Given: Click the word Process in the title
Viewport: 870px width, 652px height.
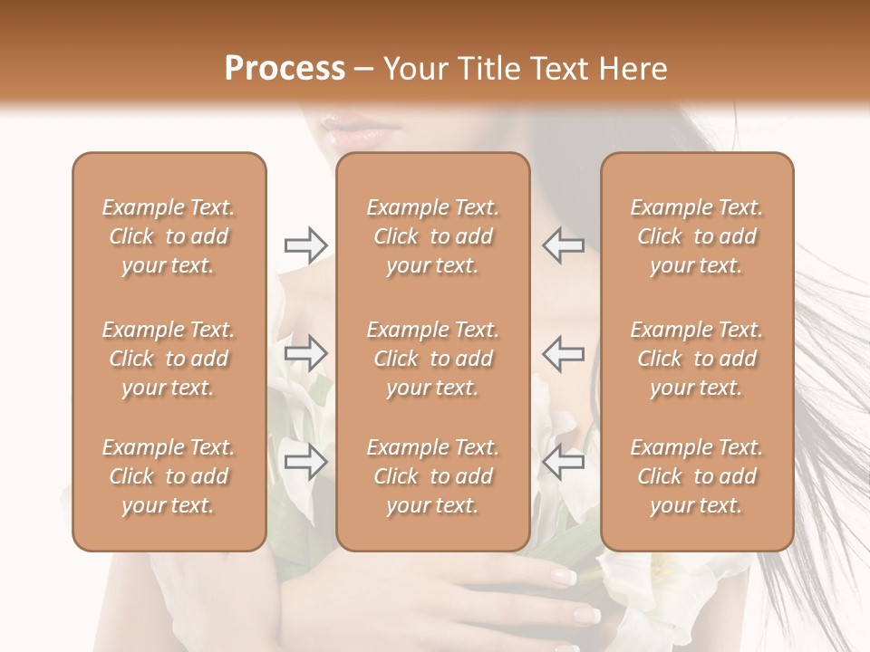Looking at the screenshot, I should coord(285,69).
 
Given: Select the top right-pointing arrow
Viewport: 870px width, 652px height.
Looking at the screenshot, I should coord(305,245).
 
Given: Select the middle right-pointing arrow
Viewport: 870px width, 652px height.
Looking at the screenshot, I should coord(305,353).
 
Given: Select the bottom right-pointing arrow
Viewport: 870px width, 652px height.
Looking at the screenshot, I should coord(305,463).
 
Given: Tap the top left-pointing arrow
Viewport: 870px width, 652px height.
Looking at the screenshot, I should coord(564,245).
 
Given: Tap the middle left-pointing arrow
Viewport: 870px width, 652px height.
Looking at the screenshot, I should coord(564,353).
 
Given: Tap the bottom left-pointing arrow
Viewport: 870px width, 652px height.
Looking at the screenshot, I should coord(564,463).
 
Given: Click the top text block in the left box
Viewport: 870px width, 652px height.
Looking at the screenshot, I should coord(169,236).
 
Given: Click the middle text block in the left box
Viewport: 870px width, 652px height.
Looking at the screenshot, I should coord(169,359).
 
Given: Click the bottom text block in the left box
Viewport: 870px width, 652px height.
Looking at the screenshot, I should coord(169,476).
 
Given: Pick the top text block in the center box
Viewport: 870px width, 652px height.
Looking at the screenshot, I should coord(433,236).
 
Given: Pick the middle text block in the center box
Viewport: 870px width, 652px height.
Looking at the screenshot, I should coord(433,359).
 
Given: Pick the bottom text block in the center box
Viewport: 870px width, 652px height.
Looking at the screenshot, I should coord(433,476).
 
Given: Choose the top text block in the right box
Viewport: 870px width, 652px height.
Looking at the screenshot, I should coord(697,236).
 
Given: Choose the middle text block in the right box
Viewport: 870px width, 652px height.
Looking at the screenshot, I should coord(697,359).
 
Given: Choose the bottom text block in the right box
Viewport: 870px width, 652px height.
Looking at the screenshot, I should coord(697,476).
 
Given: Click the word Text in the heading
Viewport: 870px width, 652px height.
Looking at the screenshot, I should coord(561,69).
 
